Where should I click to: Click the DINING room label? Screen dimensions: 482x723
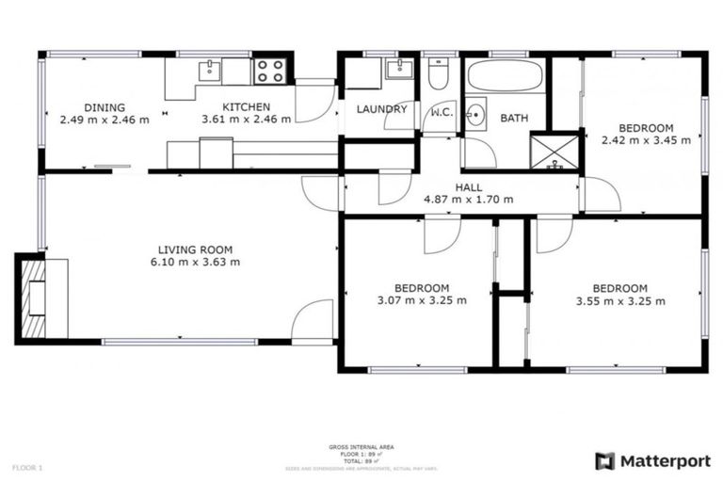pyautogui.click(x=104, y=107)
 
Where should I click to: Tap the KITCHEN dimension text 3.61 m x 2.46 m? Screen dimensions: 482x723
pyautogui.click(x=247, y=120)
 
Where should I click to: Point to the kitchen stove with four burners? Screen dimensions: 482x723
pyautogui.click(x=269, y=71)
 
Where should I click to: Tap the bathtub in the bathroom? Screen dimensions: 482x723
pyautogui.click(x=506, y=75)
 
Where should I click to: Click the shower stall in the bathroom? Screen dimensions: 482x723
pyautogui.click(x=554, y=152)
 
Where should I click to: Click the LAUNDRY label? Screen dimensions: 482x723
pyautogui.click(x=381, y=108)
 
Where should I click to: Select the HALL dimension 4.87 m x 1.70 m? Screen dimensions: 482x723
pyautogui.click(x=470, y=199)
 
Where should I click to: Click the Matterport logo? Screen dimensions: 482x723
pyautogui.click(x=652, y=460)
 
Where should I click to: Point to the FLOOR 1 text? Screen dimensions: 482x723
pyautogui.click(x=27, y=467)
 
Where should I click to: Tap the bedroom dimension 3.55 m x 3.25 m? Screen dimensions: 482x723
pyautogui.click(x=619, y=301)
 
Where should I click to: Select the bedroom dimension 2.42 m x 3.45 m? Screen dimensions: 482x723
pyautogui.click(x=645, y=140)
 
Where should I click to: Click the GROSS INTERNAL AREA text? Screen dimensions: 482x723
pyautogui.click(x=361, y=446)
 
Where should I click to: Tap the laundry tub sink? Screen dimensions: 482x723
pyautogui.click(x=399, y=69)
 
